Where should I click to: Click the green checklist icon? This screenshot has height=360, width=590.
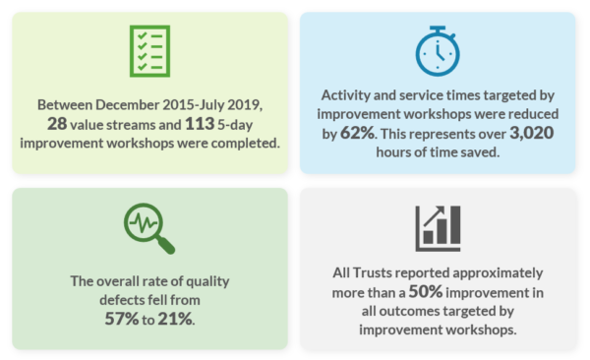150,50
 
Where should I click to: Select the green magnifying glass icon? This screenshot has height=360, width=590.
149,229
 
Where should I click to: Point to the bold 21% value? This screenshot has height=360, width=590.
176,319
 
